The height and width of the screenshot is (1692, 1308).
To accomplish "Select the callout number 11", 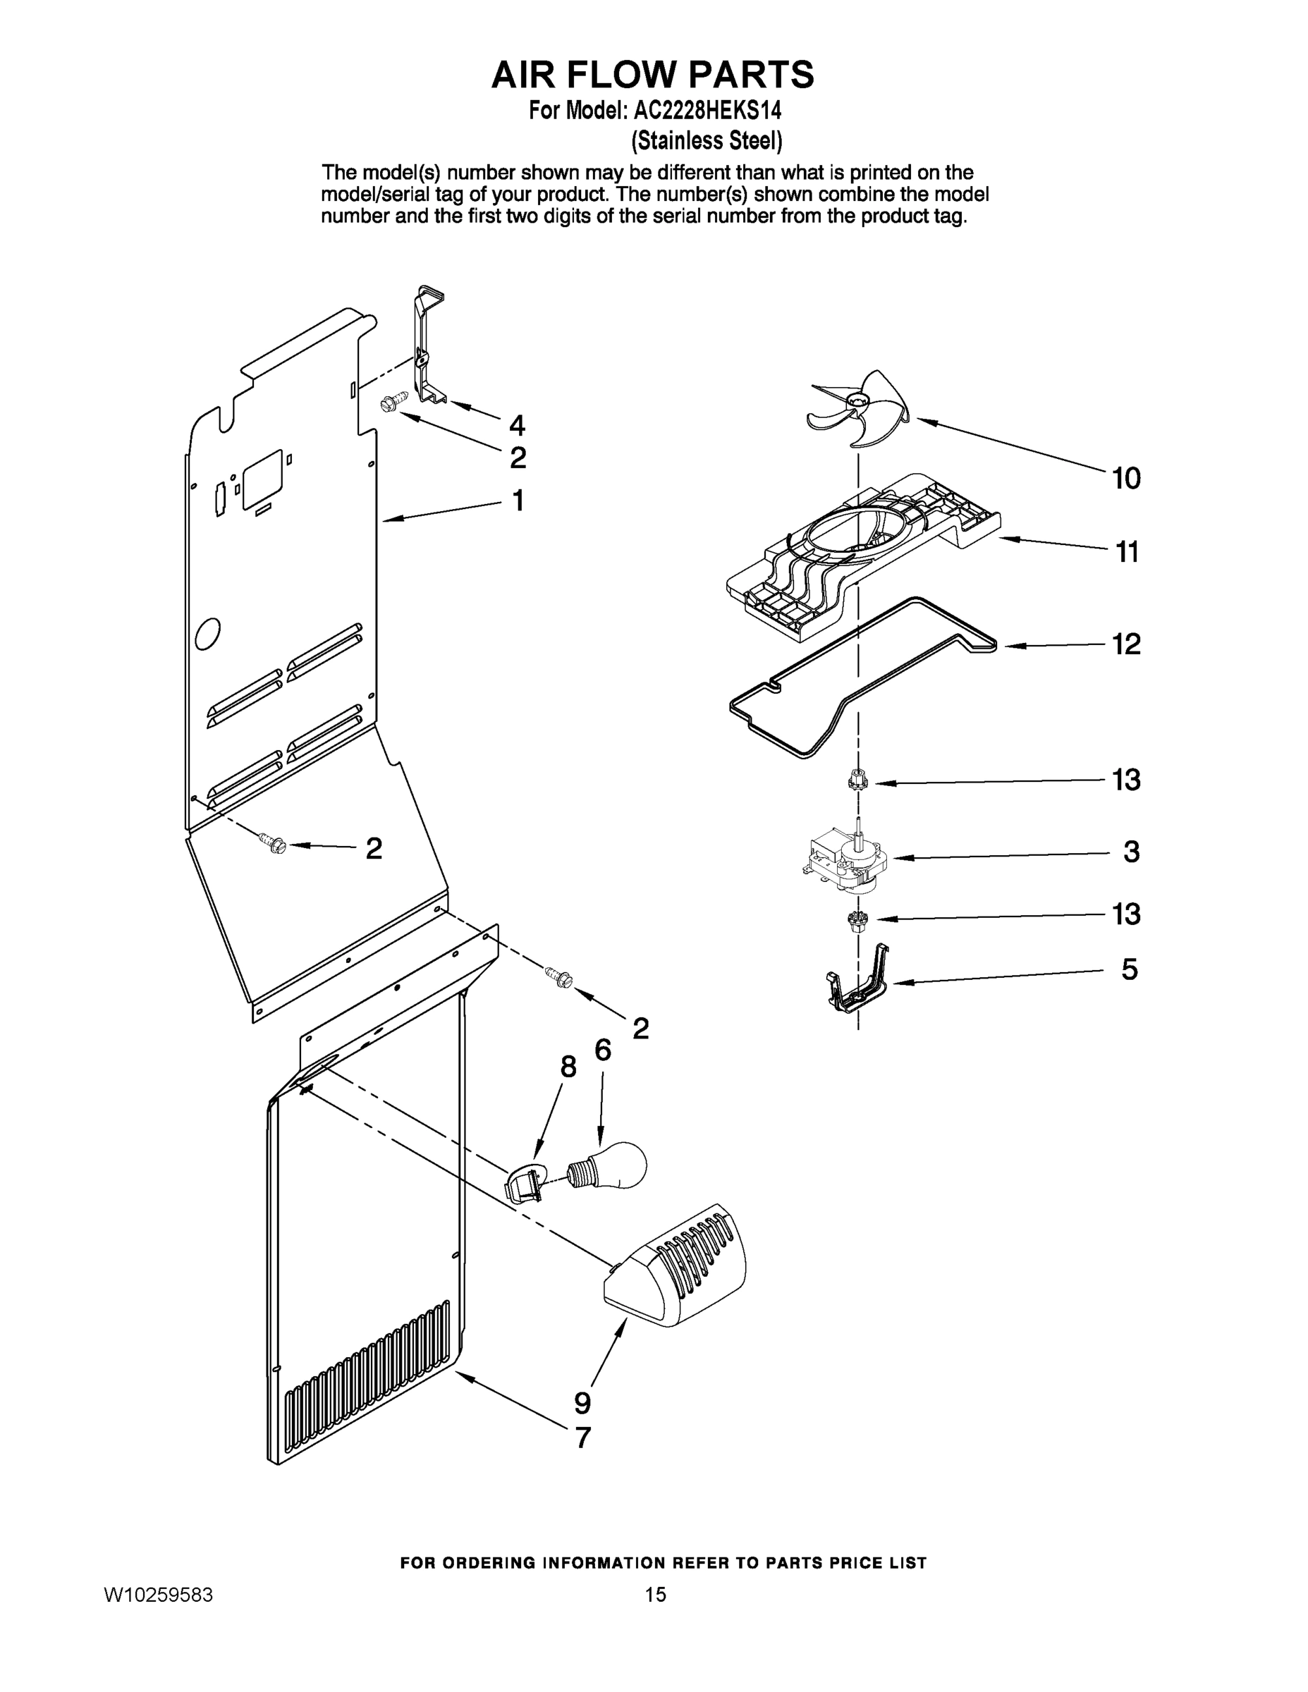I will (x=1127, y=553).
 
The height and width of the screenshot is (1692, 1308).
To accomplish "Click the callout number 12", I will (x=1127, y=644).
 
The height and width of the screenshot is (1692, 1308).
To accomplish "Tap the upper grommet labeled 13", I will (x=857, y=780).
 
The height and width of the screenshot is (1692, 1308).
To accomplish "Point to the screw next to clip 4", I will (x=389, y=404).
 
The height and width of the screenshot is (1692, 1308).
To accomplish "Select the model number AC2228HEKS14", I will (x=707, y=111).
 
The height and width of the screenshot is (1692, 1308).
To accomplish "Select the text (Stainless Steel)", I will (x=707, y=140).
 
